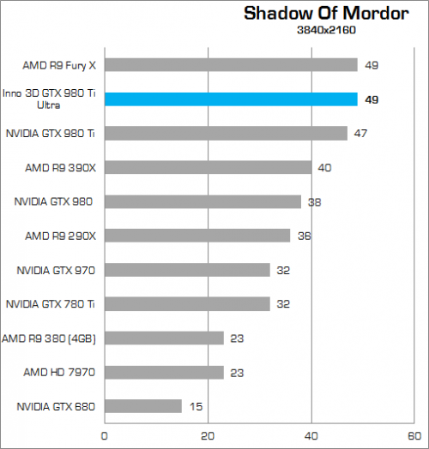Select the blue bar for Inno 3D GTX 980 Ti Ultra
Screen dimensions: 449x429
click(x=231, y=99)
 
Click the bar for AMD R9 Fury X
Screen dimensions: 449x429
click(x=231, y=64)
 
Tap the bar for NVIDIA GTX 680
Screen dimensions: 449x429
click(x=143, y=405)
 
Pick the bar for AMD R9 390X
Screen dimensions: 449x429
click(x=208, y=167)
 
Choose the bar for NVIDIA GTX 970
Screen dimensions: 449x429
click(x=187, y=270)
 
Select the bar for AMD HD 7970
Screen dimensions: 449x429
click(x=164, y=372)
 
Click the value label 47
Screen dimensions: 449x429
click(x=361, y=133)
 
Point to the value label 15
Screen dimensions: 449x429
click(x=196, y=406)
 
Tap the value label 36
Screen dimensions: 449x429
click(x=304, y=236)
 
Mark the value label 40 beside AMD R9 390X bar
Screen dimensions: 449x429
click(x=324, y=167)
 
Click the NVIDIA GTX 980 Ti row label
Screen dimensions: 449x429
click(x=50, y=133)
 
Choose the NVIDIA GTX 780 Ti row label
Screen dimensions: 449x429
click(x=50, y=303)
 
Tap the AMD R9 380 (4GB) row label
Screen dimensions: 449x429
click(x=50, y=338)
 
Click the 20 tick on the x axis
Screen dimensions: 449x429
click(x=208, y=436)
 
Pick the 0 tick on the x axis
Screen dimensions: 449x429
click(x=105, y=436)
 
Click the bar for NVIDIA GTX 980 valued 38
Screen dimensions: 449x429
click(x=202, y=201)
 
